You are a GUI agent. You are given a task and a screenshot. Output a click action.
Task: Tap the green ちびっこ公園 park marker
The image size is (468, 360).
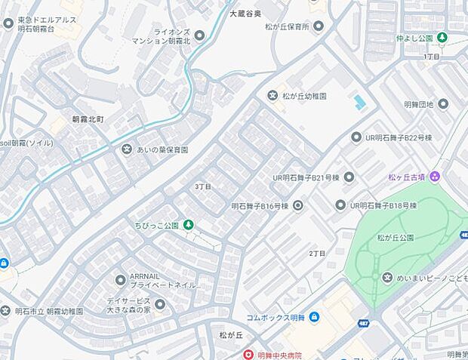tap(189, 225)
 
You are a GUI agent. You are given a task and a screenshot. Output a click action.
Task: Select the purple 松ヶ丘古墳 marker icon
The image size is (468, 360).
tap(436, 177)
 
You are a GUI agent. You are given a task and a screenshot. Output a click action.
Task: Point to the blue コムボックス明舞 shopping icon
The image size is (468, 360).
tap(314, 317)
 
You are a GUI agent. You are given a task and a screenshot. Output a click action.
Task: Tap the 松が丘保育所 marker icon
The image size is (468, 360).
tap(319, 26)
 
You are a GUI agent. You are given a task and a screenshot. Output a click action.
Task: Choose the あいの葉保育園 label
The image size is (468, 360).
tap(162, 149)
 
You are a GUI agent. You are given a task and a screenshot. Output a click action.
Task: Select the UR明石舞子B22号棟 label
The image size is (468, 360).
tap(396, 137)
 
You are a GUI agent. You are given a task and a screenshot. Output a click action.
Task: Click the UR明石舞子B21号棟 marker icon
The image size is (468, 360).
tap(349, 177)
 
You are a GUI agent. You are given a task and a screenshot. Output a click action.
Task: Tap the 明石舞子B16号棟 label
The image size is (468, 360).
tap(260, 205)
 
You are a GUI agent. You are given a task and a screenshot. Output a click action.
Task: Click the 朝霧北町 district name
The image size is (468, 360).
tap(88, 119)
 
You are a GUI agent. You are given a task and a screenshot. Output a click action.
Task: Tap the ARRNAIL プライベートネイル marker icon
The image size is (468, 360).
tap(120, 280)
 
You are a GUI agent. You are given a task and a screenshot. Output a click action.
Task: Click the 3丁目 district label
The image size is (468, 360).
tap(202, 186)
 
